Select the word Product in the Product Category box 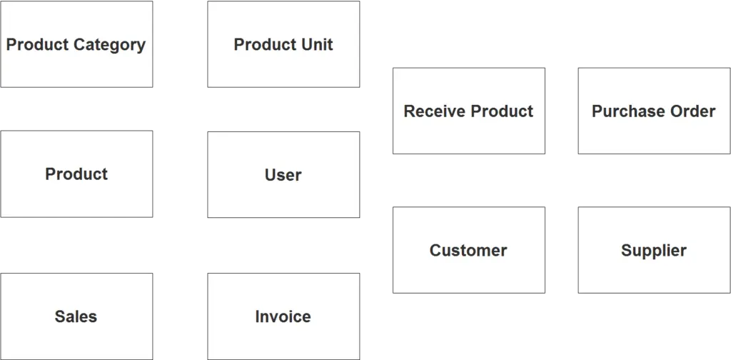click(37, 45)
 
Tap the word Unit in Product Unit click(317, 45)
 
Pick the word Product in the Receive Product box click(502, 111)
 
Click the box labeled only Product click(76, 174)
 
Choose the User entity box click(283, 175)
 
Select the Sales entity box click(76, 316)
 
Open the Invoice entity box click(283, 316)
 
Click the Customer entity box click(468, 251)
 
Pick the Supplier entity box click(653, 251)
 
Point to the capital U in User click(270, 175)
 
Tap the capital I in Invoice click(258, 316)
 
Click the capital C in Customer click(435, 251)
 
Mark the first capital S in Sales click(60, 316)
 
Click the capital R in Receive click(409, 111)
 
